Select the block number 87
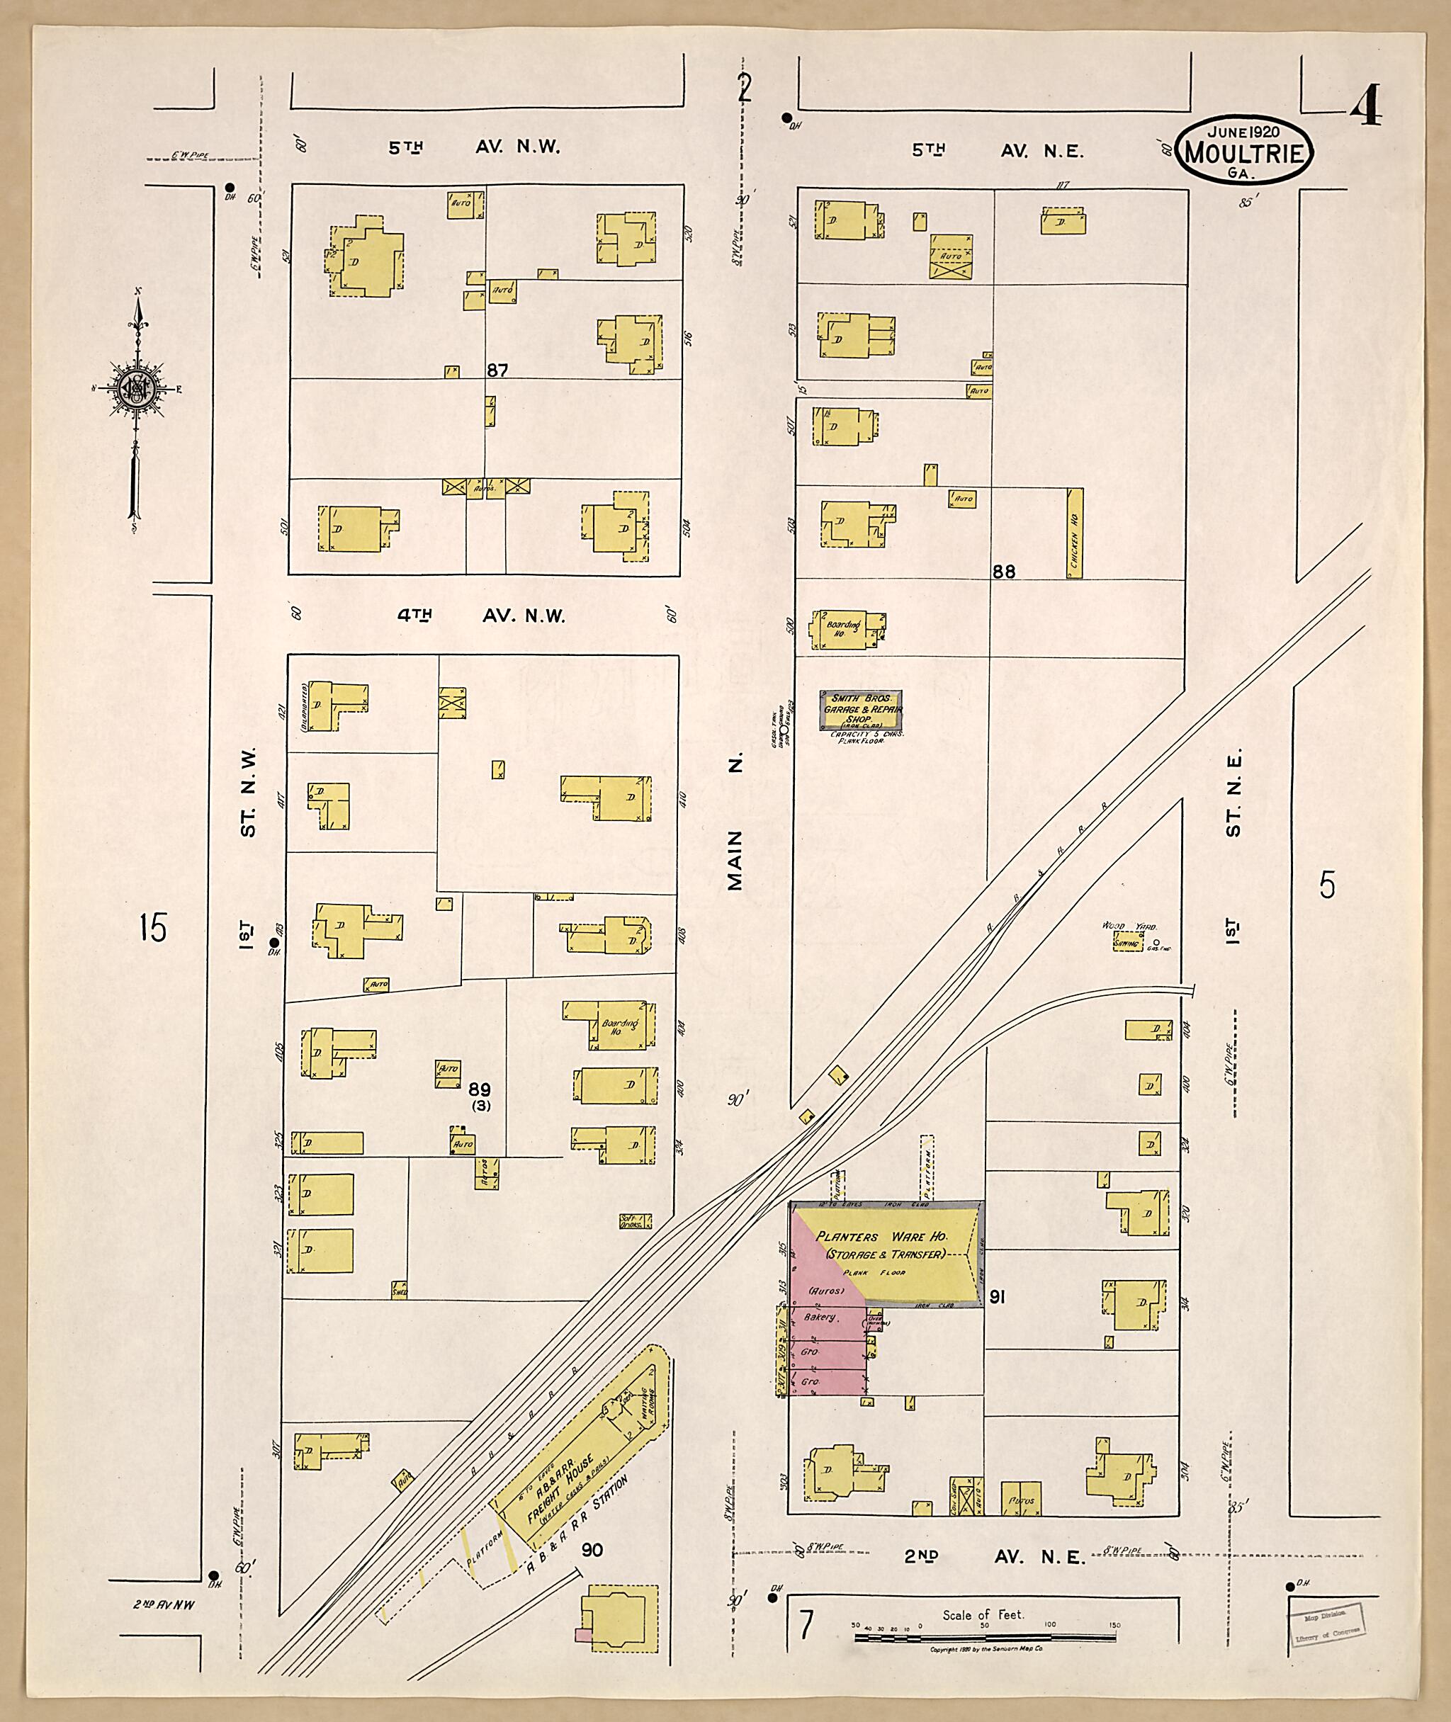coord(497,371)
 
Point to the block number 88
coord(1003,572)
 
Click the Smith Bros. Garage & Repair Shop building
coord(863,710)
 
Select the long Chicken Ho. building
coord(1075,533)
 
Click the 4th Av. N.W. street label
coord(481,616)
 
